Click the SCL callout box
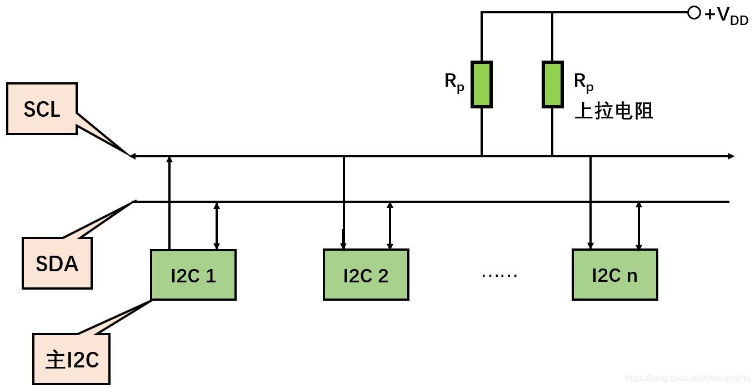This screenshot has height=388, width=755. (42, 109)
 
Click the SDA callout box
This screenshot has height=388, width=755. (57, 263)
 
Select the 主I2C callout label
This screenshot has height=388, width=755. (71, 359)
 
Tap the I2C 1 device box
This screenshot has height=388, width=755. (193, 275)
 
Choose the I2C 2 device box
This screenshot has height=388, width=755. (366, 275)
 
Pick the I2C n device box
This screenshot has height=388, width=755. (614, 275)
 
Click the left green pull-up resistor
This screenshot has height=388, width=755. (481, 84)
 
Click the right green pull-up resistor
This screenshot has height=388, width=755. (552, 84)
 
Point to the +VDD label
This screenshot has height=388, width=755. (726, 15)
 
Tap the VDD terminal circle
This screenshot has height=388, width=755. (694, 12)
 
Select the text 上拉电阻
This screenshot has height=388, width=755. (613, 111)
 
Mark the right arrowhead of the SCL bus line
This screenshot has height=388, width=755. (731, 156)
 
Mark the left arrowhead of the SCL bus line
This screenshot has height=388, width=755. (133, 156)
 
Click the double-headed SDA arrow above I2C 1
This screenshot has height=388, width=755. (217, 226)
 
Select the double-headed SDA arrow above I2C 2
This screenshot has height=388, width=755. (390, 226)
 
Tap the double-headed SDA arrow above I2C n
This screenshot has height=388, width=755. (639, 226)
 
